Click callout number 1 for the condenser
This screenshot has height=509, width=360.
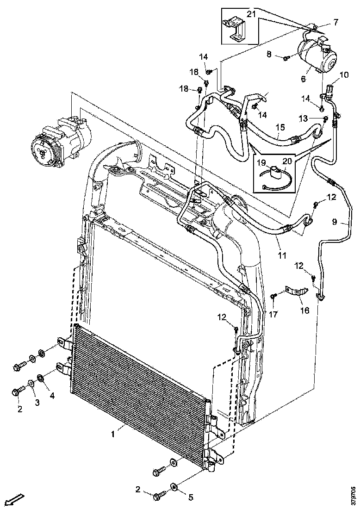pyautogui.click(x=112, y=434)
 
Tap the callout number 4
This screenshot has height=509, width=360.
pyautogui.click(x=51, y=396)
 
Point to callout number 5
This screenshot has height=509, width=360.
pyautogui.click(x=190, y=497)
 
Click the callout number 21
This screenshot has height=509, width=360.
pyautogui.click(x=251, y=14)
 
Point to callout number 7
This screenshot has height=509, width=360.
pyautogui.click(x=335, y=21)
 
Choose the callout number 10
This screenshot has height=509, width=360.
pyautogui.click(x=344, y=74)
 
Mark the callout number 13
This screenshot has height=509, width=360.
pyautogui.click(x=303, y=119)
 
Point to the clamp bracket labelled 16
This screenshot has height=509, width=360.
pyautogui.click(x=296, y=292)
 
